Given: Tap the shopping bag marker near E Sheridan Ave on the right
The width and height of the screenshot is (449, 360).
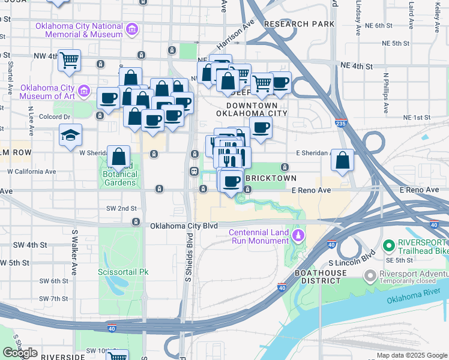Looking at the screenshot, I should pyautogui.click(x=342, y=160).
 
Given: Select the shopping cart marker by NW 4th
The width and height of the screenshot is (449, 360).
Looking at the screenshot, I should pyautogui.click(x=69, y=60).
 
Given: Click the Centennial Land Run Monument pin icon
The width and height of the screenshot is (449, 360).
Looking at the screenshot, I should pyautogui.click(x=298, y=233).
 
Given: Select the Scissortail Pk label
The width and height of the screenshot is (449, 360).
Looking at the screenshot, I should pyautogui.click(x=122, y=272).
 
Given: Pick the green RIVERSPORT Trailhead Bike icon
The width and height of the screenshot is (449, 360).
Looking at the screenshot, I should pyautogui.click(x=388, y=245).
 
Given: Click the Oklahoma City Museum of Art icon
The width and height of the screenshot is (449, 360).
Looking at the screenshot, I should pyautogui.click(x=84, y=92).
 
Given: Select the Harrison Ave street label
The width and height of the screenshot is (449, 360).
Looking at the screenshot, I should pyautogui.click(x=236, y=34).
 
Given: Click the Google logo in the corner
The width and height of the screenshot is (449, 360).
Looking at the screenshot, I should pyautogui.click(x=20, y=353).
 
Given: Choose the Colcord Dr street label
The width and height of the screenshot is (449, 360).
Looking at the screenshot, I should pyautogui.click(x=55, y=116).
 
